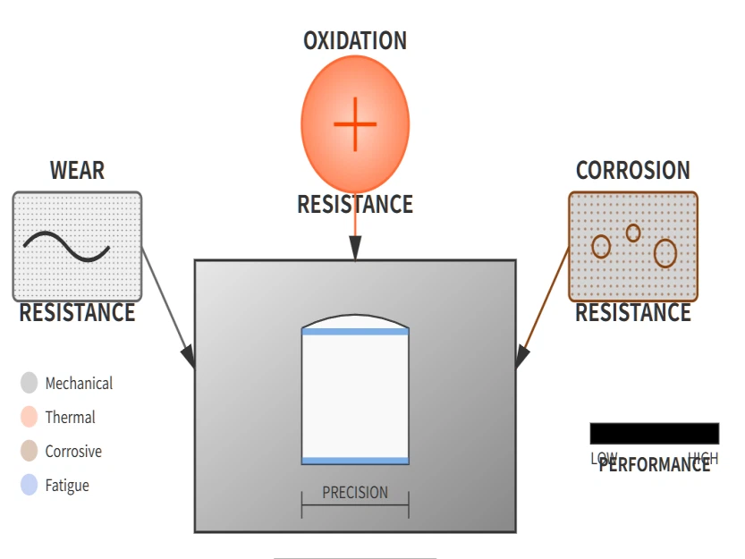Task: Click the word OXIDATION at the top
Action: [355, 41]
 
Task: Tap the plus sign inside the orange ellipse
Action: [355, 123]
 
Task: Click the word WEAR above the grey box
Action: [77, 171]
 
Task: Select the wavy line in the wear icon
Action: [66, 247]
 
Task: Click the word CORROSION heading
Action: [632, 171]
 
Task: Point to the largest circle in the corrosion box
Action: [665, 253]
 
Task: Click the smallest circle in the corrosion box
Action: [633, 233]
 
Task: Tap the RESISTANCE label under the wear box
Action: [77, 313]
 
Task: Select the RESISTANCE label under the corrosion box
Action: [632, 313]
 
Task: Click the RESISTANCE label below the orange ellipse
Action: [355, 205]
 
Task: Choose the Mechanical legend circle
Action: [30, 383]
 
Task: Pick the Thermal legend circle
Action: [30, 417]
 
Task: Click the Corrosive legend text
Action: [73, 452]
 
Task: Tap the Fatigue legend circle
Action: [30, 486]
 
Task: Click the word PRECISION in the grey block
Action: [355, 493]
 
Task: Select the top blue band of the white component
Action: [355, 332]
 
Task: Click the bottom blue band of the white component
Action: [355, 461]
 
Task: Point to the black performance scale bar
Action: [654, 434]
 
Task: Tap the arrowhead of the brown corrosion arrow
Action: [521, 357]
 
